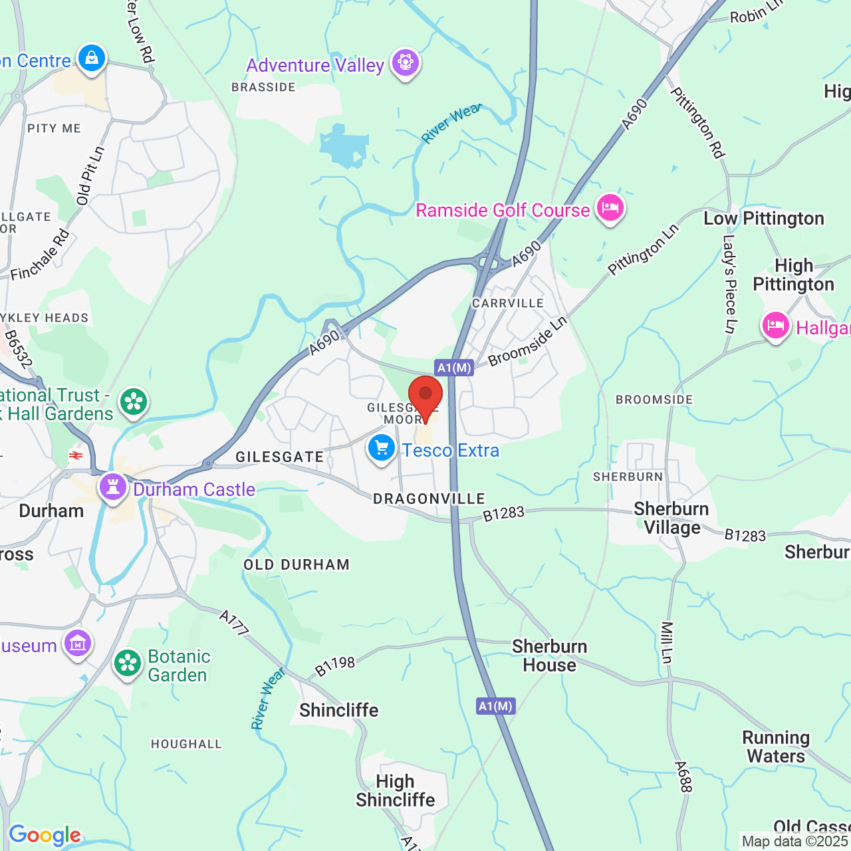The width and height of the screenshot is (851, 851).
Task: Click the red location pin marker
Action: click(x=425, y=397)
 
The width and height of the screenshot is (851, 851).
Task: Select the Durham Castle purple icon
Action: click(x=113, y=487)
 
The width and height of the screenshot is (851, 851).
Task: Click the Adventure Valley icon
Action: click(x=405, y=62)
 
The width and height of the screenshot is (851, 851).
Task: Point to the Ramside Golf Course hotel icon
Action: click(x=610, y=208)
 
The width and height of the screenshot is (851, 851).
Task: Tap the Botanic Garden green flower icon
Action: click(x=128, y=664)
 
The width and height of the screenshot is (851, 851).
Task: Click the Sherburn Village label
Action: click(x=671, y=519)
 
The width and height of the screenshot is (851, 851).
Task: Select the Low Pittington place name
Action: click(x=764, y=219)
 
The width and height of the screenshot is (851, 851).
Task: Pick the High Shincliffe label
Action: click(x=396, y=790)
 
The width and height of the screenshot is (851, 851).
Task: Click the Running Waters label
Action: click(x=776, y=747)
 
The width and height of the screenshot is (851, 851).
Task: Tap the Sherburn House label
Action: click(x=549, y=656)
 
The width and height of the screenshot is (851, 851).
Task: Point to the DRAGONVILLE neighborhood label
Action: click(x=429, y=499)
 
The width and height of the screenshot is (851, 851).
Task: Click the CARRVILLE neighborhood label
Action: click(x=508, y=303)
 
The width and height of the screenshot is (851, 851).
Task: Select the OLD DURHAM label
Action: click(x=297, y=565)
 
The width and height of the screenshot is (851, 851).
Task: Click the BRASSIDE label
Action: click(x=263, y=87)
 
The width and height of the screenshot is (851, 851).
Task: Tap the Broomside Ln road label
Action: click(x=528, y=341)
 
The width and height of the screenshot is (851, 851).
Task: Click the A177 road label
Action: click(x=234, y=622)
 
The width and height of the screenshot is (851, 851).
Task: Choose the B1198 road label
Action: click(x=334, y=666)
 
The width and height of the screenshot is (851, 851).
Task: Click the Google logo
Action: click(x=45, y=835)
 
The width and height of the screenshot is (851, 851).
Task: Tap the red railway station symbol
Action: click(x=76, y=455)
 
